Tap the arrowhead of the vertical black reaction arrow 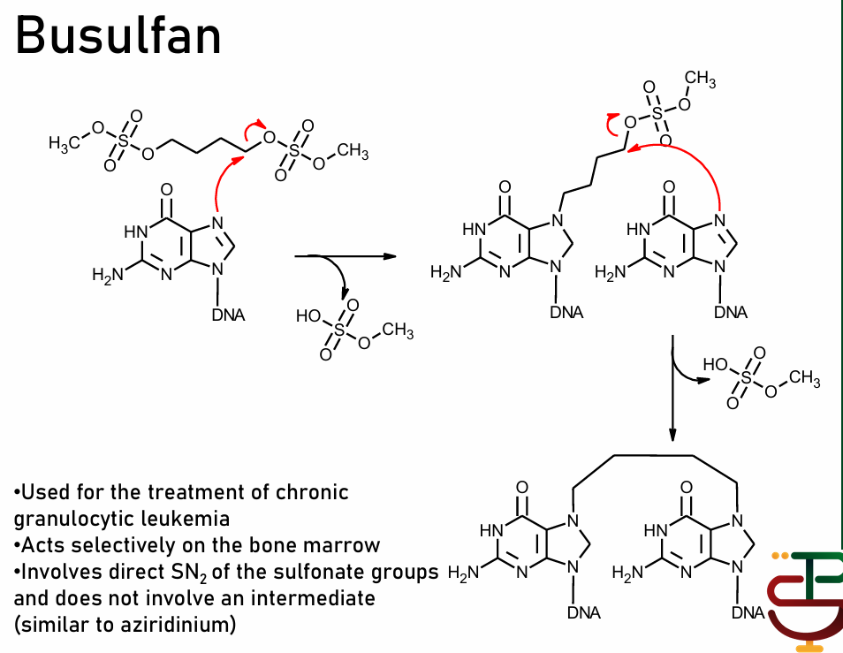click(673, 434)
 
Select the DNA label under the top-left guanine click(228, 315)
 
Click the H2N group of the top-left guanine click(107, 276)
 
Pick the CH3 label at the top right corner click(700, 80)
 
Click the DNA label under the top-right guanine click(731, 312)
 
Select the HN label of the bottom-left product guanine click(491, 532)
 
